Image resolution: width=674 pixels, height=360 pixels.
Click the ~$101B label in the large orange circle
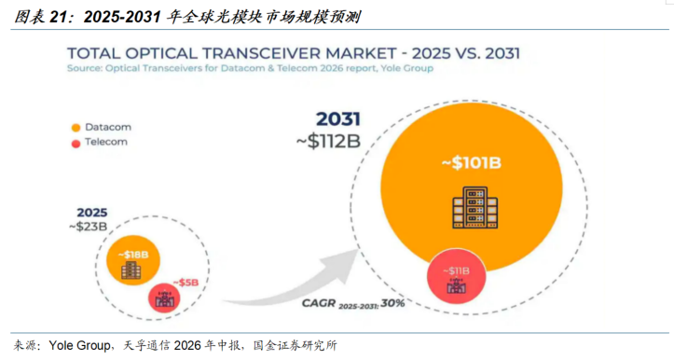pos(471,163)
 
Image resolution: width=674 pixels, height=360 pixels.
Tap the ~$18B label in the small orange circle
pos(133,255)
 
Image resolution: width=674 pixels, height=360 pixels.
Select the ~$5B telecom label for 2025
pos(186,283)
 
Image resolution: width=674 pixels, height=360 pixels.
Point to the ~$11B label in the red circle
pos(456,271)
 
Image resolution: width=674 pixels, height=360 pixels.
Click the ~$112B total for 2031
pos(328,141)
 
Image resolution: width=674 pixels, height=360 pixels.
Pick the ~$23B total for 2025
pos(89,227)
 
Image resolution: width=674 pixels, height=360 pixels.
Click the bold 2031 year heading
pos(337,119)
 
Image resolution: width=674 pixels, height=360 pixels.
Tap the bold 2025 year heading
pos(92,213)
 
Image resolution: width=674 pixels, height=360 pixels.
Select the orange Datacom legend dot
pos(76,128)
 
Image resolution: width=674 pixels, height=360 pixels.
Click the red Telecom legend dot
pos(76,144)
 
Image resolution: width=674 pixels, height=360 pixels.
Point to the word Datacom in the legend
pos(108,127)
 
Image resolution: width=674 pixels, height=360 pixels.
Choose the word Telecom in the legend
pos(106,142)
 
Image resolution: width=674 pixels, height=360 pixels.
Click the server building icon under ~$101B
pos(475,207)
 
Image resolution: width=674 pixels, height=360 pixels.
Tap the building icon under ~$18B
pos(131,270)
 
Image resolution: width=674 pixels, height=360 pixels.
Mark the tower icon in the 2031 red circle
pos(456,285)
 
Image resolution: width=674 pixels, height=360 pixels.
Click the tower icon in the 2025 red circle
pos(165,298)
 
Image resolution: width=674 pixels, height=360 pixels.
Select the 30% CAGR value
pos(392,303)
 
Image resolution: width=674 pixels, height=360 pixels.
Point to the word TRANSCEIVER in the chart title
pos(262,53)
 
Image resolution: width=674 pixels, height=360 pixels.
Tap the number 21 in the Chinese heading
pos(59,17)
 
